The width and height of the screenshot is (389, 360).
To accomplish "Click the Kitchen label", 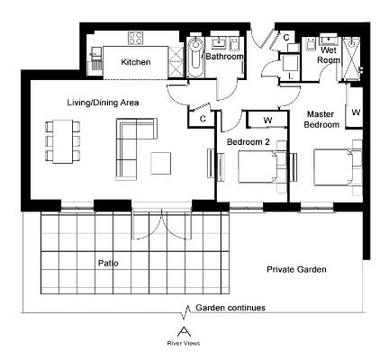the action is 136,62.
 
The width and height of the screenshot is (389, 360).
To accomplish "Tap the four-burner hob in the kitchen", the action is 135,38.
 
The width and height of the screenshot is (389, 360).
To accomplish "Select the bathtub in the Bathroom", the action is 195,57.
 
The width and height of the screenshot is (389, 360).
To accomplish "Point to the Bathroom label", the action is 224,57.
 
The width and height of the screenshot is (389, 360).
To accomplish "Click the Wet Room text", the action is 329,55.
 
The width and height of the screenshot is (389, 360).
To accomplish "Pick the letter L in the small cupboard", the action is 290,76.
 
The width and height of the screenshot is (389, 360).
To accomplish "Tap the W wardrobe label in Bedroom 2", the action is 267,121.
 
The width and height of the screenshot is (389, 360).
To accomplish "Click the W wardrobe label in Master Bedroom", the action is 356,112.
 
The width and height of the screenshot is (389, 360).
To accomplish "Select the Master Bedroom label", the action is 321,119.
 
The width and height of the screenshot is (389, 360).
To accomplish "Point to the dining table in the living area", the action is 63,141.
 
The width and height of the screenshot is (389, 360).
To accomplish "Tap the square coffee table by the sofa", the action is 161,163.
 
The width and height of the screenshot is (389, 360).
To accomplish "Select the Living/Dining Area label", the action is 103,103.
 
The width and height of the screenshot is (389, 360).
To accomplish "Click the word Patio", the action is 108,263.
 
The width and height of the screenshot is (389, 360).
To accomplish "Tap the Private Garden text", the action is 296,269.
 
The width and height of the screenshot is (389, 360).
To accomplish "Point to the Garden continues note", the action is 231,308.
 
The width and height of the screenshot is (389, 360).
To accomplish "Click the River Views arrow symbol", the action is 184,332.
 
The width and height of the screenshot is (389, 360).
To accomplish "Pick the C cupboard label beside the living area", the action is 203,119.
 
